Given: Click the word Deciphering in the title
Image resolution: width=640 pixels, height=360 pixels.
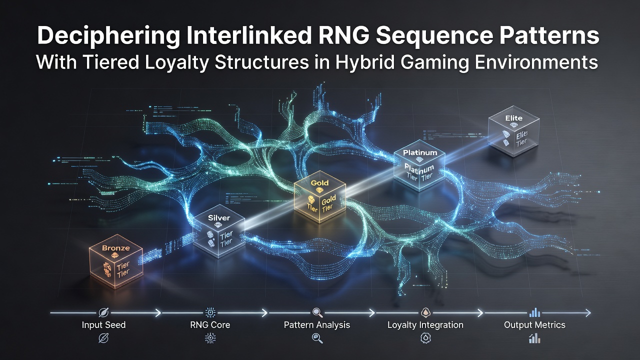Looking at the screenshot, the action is [x=108, y=36].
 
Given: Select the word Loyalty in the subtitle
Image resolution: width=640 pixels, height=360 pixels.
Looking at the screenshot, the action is [x=177, y=63].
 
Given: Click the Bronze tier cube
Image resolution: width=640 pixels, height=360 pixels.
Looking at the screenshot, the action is [x=115, y=261].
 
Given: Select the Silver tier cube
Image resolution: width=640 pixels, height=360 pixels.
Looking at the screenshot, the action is [x=219, y=231].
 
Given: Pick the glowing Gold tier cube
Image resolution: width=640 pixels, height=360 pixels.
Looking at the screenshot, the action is [x=319, y=196].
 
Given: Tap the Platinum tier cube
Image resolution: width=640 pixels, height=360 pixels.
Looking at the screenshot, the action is [x=419, y=165].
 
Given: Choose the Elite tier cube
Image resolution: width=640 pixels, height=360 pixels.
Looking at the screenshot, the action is [x=513, y=131].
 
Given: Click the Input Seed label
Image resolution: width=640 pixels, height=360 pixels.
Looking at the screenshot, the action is [x=103, y=325].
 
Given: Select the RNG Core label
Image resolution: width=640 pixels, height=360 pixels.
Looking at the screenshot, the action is [x=210, y=325].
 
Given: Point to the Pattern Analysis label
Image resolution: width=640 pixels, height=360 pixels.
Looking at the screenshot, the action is [x=317, y=325].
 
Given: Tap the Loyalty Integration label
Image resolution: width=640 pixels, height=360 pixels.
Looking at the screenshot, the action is [x=425, y=325].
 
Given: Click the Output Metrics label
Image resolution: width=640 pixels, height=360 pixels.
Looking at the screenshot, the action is [x=534, y=325].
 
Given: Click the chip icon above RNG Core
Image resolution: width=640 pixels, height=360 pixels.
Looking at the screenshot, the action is [x=210, y=313].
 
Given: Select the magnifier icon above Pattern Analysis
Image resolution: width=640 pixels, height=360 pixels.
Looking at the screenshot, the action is [x=317, y=313].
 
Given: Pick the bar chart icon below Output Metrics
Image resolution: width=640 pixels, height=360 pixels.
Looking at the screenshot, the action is [x=534, y=338].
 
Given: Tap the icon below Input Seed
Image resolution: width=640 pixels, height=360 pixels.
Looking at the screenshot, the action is [x=103, y=338].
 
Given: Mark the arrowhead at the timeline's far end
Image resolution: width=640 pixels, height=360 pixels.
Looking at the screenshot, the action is [x=588, y=313].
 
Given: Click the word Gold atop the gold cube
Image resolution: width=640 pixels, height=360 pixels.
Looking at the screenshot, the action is [x=319, y=183].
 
